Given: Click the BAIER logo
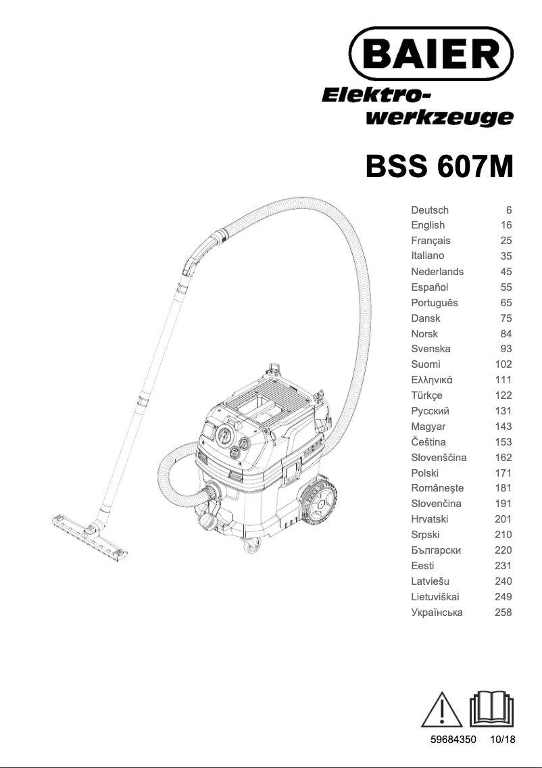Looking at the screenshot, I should pos(430,52).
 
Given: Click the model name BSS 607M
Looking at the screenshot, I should pos(439,166).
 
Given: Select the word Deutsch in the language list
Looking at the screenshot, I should pos(430,210).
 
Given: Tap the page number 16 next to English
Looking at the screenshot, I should pos(506,225).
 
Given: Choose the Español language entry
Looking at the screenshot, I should pos(430,287).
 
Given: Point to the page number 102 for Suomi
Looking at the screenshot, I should pos(503,364).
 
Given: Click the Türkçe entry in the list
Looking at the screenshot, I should pos(426,395).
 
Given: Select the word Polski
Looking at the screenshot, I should pos(424,473).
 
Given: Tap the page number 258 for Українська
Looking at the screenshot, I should pos(503,613).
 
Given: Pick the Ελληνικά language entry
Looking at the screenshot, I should pos(432,380).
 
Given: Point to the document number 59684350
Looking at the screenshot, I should pos(454,740).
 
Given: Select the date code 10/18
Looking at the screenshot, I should pos(503,740).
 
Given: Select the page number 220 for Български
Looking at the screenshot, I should pos(503,550).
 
